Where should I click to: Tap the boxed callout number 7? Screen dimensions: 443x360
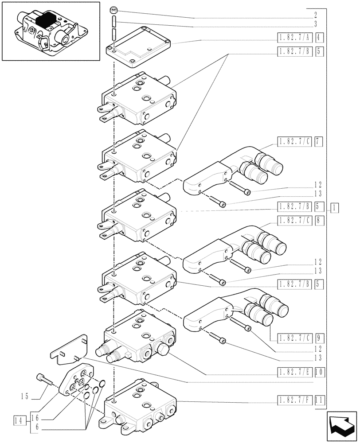(319, 142)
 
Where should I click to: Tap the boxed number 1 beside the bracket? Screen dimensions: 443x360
(334, 207)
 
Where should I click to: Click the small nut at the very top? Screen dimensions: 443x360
(114, 10)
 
